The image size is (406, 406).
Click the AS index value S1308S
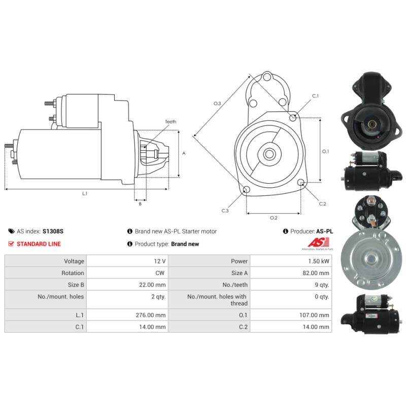53,231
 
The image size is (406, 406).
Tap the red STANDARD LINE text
39,244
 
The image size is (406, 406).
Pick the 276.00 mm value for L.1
150,315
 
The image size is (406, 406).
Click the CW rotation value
160,273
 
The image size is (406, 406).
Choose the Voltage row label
74,261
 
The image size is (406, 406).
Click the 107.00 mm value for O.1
314,315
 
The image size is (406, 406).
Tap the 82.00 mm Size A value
316,273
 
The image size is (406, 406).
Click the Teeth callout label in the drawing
171,122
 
